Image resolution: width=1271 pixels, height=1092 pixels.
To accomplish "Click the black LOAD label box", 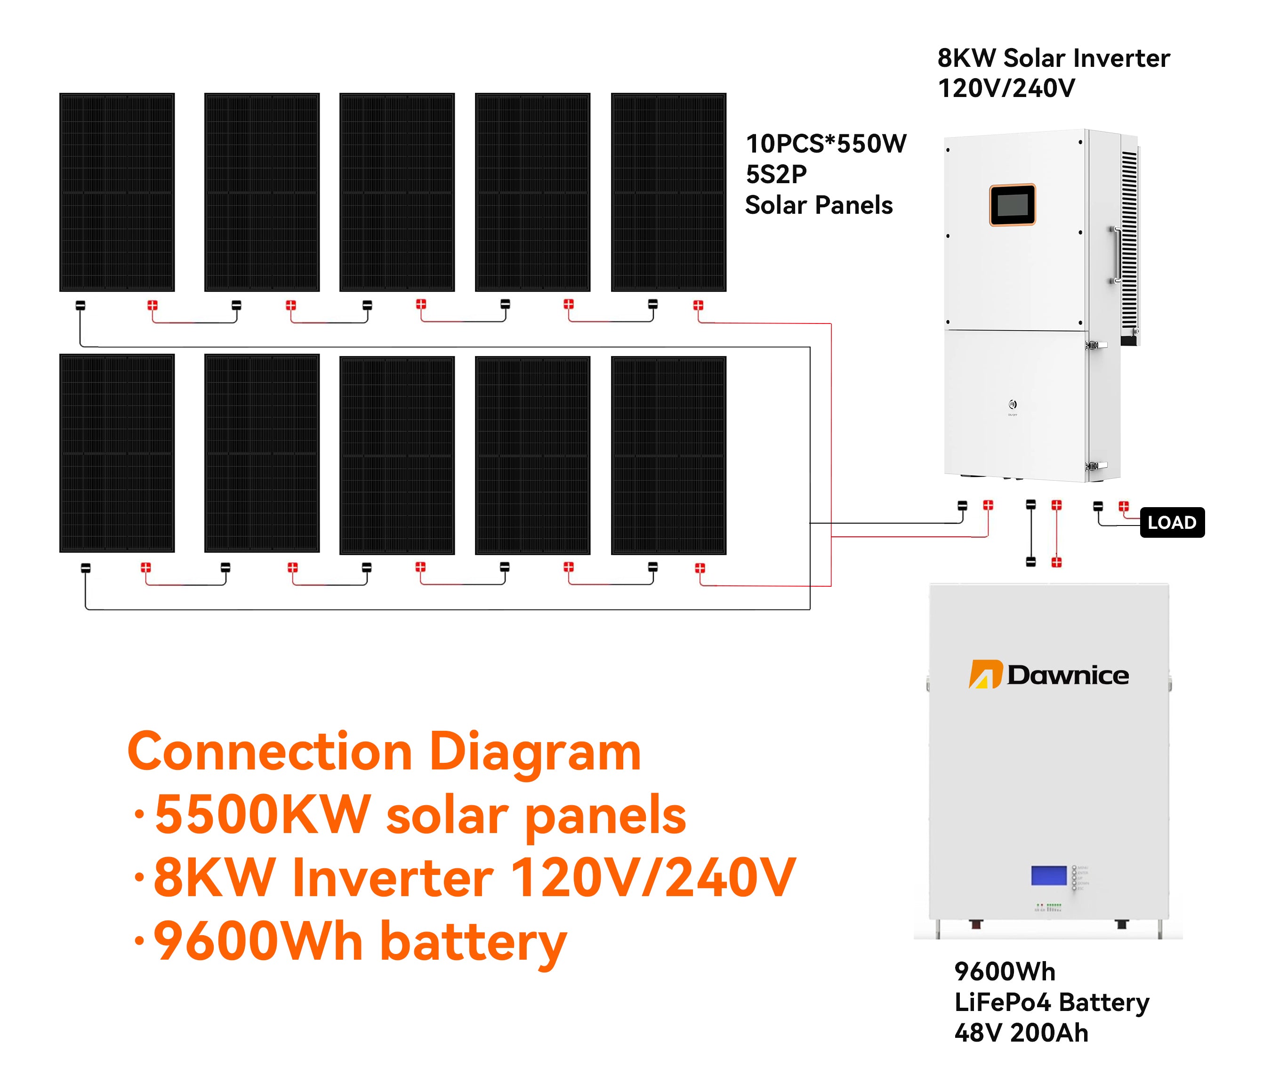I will pos(1172,523).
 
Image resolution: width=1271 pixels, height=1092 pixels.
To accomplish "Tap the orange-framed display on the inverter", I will pos(1012,205).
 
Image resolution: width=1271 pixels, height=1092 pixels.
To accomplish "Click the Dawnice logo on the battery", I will pos(1049,674).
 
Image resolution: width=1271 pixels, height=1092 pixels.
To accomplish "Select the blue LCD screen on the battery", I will pos(1049,875).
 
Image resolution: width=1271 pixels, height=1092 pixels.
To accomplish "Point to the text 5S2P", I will pos(776,175).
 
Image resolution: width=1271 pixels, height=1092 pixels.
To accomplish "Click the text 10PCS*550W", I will pos(826,144).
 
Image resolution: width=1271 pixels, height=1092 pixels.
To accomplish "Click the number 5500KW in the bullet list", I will pos(262,815).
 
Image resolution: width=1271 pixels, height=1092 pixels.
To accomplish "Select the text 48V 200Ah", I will pos(1022,1033).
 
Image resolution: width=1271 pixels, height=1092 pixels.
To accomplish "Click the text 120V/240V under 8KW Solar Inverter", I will pos(1006,89).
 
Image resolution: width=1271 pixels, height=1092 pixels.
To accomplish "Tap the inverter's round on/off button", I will pos(1013,404).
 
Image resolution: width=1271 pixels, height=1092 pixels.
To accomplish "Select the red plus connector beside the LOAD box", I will pos(1123,507).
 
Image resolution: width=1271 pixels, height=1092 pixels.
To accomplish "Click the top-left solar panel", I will pos(117,192).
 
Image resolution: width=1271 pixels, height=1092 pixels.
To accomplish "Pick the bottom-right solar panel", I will pos(668,455).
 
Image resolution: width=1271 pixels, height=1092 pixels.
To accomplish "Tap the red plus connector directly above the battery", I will pos(1056,562).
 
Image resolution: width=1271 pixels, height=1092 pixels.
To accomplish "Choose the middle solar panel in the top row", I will pos(397,192).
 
